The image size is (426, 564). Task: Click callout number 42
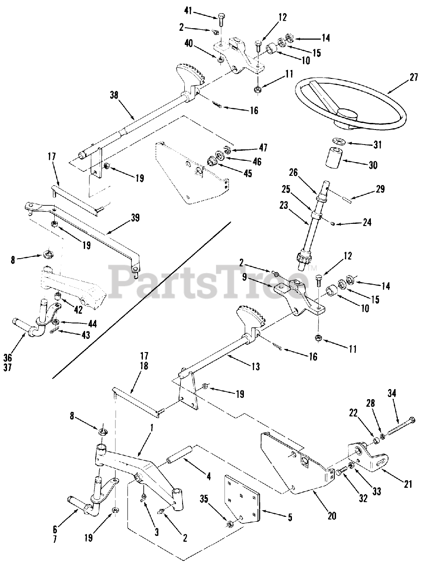(x=78, y=309)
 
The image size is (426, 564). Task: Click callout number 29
(x=380, y=189)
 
